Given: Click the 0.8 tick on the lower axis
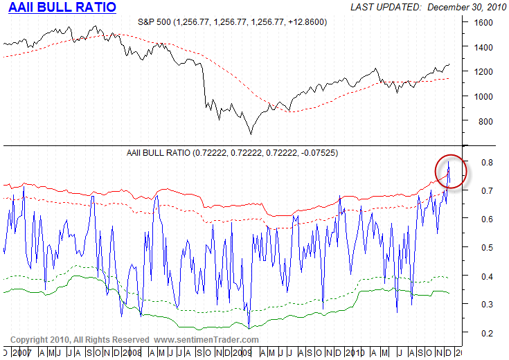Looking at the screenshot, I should (488, 162).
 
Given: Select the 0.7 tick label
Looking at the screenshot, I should (488, 190).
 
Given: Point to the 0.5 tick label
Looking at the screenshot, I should (488, 247).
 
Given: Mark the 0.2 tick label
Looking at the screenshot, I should (488, 333).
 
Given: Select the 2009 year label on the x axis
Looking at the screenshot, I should (242, 352).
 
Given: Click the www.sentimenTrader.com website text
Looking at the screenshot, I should (206, 340).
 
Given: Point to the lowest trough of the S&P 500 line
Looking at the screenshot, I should (251, 134).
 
